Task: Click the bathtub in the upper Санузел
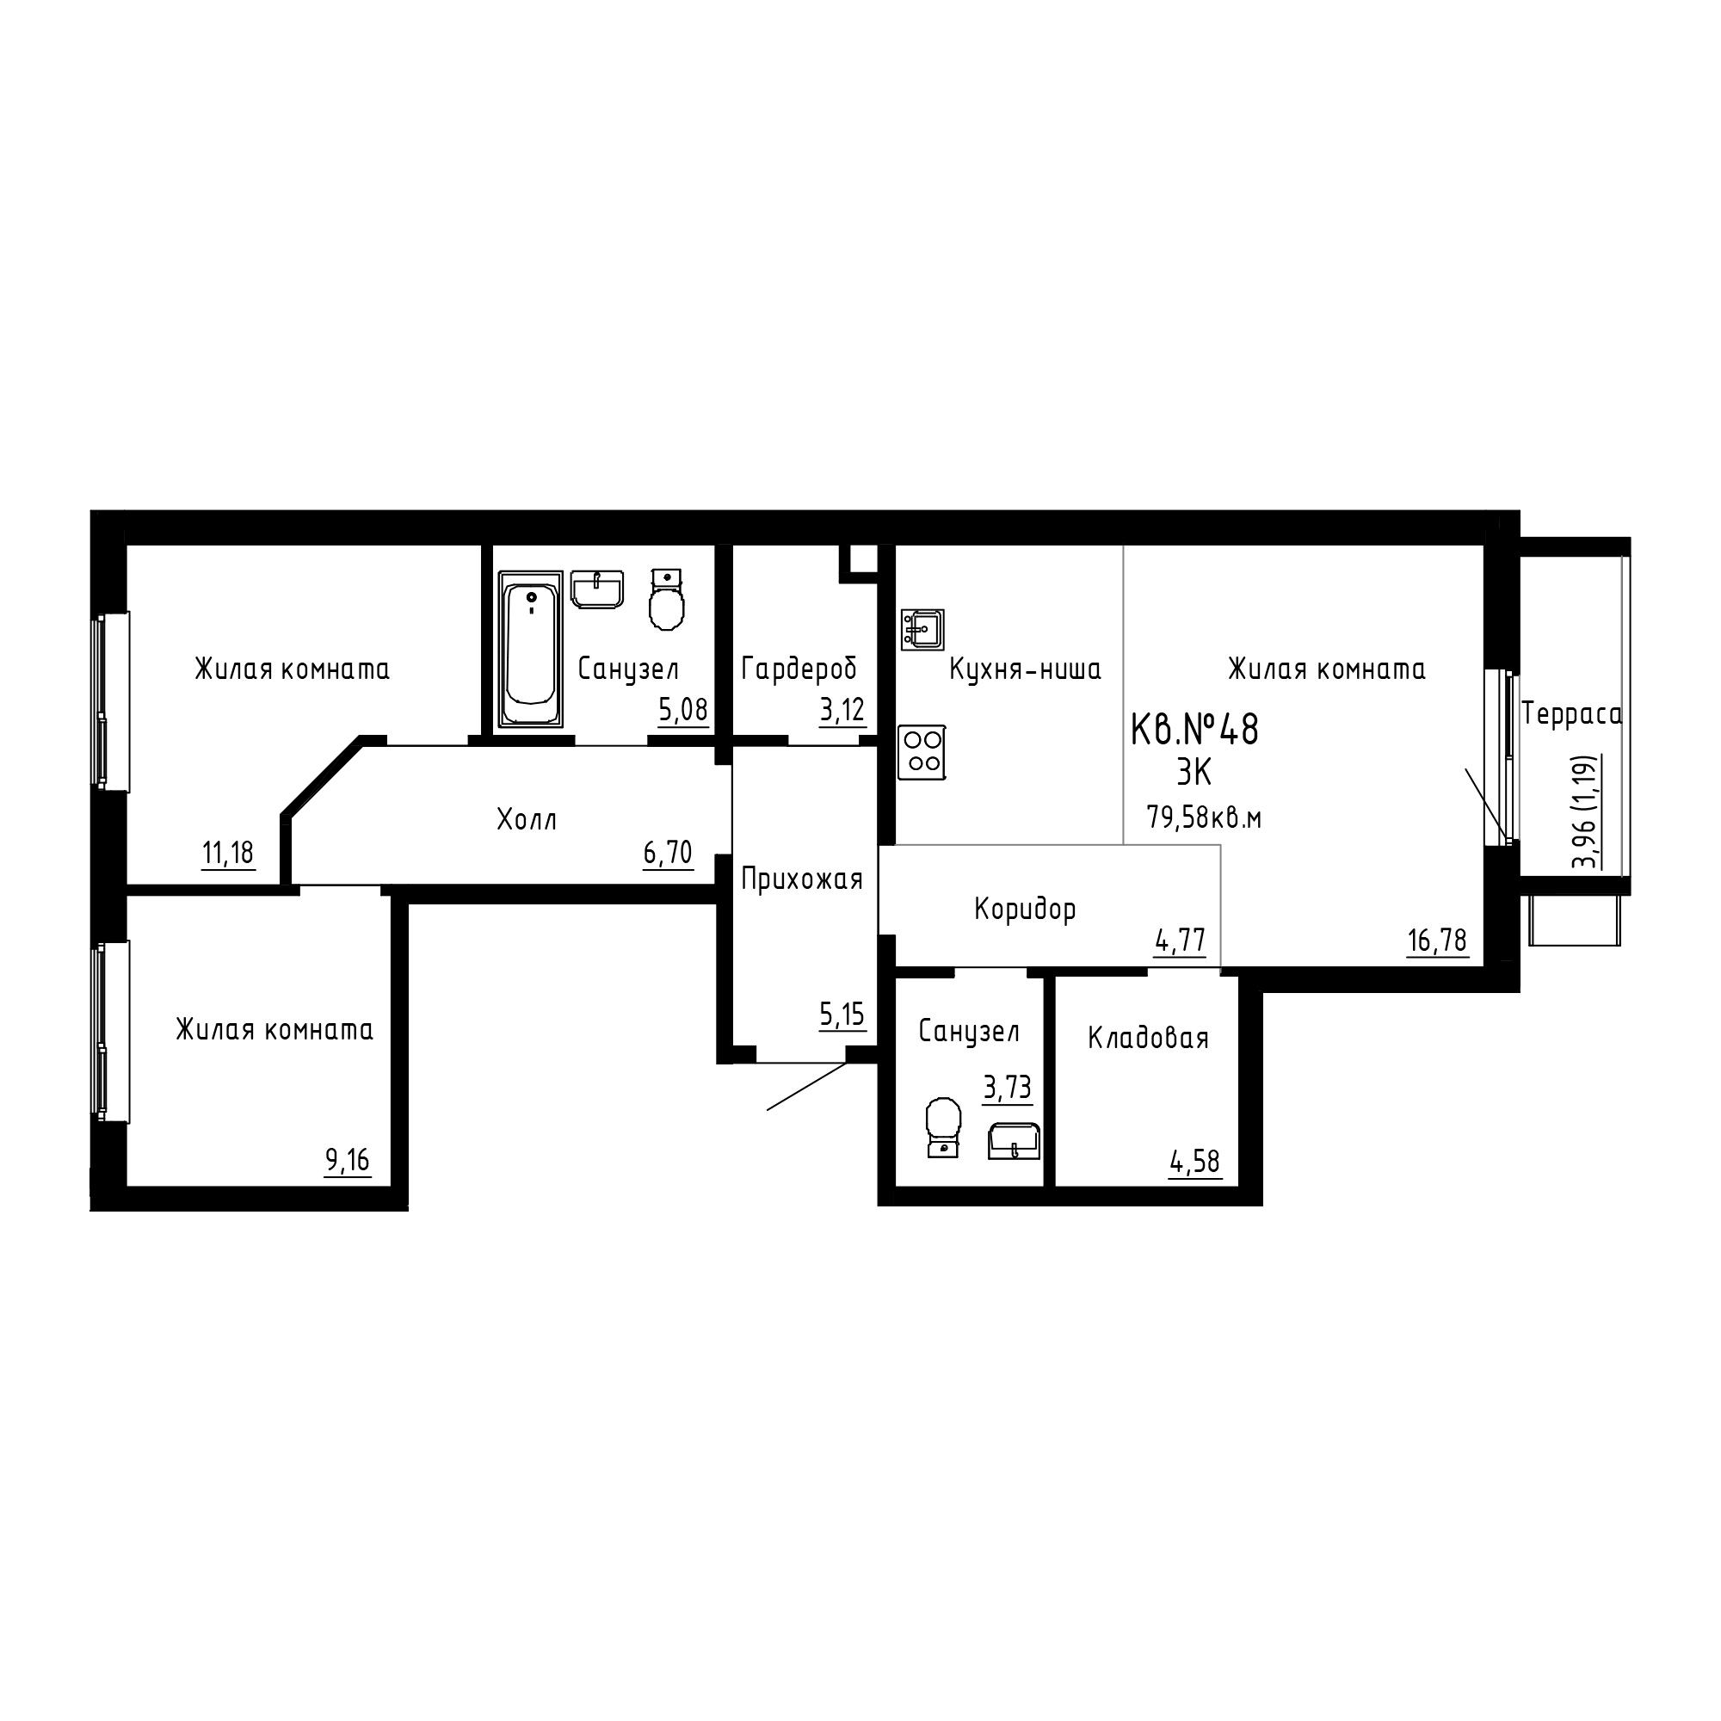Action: [531, 649]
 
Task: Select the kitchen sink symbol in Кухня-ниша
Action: [922, 630]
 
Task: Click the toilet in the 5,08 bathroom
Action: [666, 601]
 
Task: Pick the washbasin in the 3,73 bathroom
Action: [1014, 1141]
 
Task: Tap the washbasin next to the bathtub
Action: [597, 589]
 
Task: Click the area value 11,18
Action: [228, 854]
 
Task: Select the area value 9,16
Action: [348, 1160]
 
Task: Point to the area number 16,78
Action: [1437, 940]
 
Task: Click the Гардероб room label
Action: [799, 668]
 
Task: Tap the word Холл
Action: [527, 819]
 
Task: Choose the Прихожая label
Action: [802, 880]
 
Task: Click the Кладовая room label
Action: [1147, 1038]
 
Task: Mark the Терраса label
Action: [1571, 714]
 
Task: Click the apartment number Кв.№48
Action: [1194, 730]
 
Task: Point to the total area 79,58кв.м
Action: [1205, 817]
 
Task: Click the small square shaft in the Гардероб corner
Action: [860, 558]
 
